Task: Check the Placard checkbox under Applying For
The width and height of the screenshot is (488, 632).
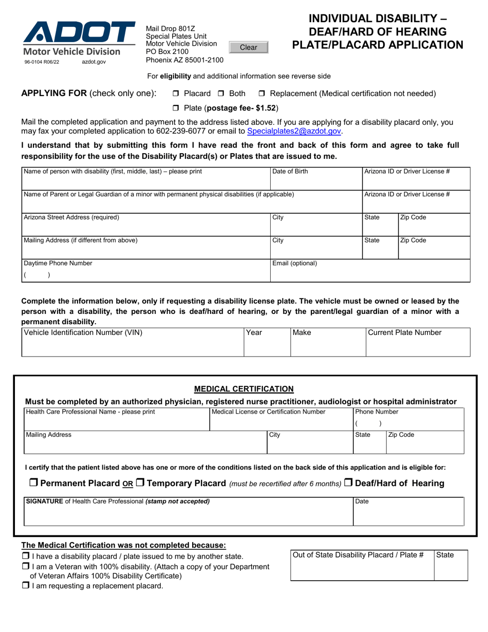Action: [176, 94]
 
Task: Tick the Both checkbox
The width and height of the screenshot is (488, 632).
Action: [221, 94]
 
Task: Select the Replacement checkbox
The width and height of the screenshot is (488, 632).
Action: [261, 94]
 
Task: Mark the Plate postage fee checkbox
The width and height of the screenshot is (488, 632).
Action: [176, 108]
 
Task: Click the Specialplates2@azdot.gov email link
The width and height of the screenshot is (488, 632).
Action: [294, 131]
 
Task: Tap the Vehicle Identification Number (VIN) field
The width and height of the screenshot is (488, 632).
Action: [133, 346]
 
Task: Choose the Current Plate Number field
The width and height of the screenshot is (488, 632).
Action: [418, 346]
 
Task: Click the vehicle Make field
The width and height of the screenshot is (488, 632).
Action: [328, 346]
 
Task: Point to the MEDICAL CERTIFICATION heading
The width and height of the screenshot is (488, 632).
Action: [243, 389]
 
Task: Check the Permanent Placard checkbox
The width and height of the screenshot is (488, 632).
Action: [33, 482]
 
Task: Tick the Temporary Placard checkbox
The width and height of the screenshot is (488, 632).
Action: [140, 482]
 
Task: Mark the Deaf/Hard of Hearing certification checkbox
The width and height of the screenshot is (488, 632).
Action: [348, 482]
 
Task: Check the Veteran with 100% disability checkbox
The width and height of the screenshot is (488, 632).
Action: [25, 566]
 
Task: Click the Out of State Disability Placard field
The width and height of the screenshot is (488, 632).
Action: [362, 569]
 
